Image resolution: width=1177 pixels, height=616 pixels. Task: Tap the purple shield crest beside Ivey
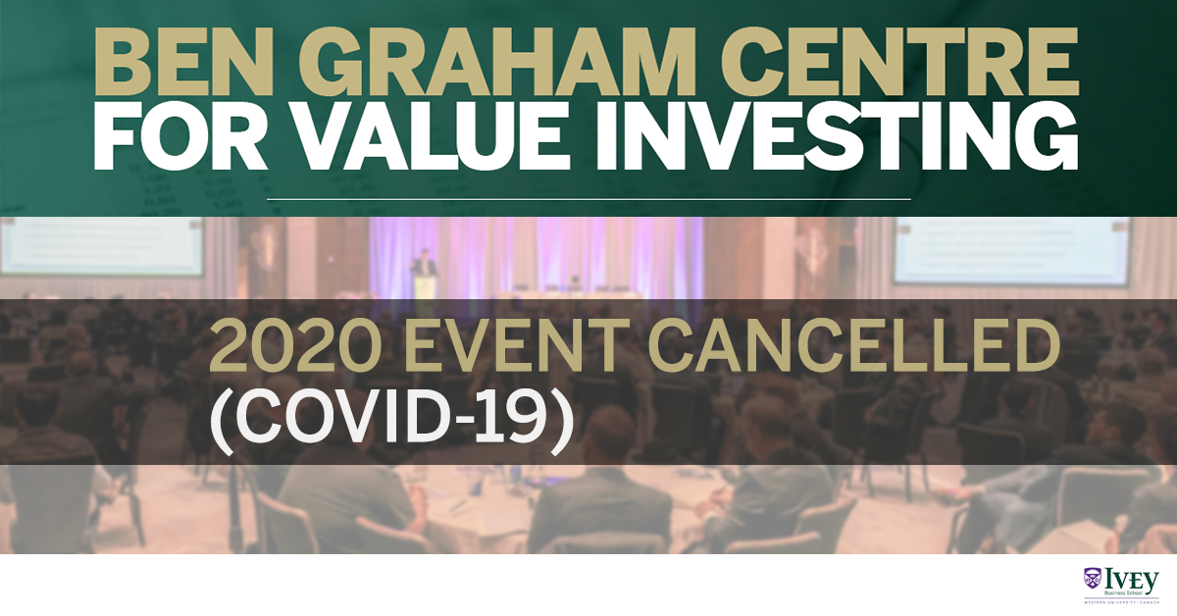[x=1091, y=578]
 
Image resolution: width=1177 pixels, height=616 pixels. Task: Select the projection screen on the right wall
[x=1010, y=251]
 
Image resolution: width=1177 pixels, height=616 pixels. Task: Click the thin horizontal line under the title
[x=588, y=199]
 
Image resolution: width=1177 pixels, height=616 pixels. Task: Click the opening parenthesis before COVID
[x=221, y=426]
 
